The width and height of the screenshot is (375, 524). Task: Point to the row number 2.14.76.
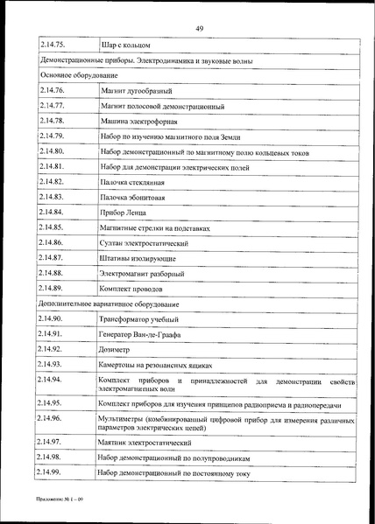(53, 90)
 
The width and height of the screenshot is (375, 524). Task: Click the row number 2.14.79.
(53, 136)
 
